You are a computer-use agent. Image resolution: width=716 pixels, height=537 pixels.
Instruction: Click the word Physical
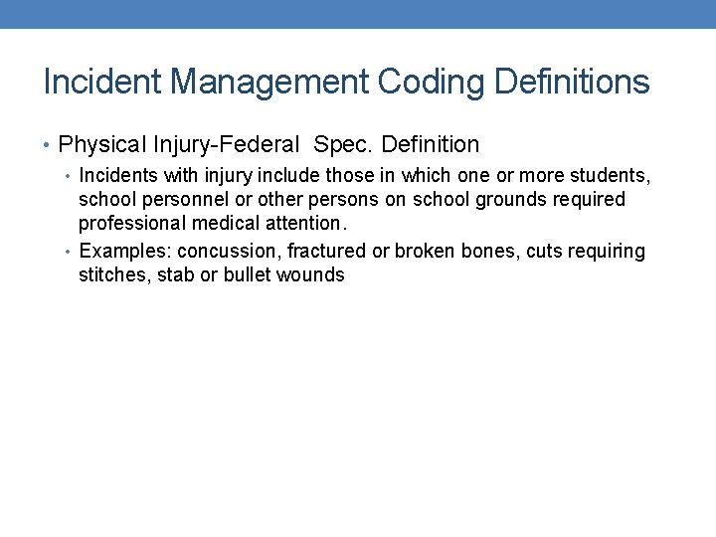pos(102,145)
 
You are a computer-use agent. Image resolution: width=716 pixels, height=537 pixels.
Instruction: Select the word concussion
pos(228,252)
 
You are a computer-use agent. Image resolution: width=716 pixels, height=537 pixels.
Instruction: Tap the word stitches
pos(113,275)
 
